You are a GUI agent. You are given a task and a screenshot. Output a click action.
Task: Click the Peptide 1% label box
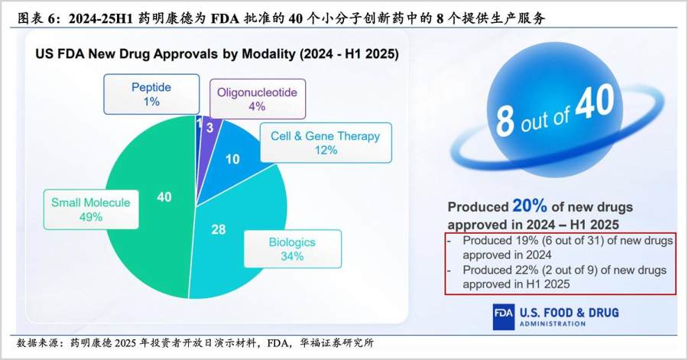click(x=151, y=94)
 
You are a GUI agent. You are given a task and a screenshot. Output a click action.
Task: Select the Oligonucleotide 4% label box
click(x=257, y=99)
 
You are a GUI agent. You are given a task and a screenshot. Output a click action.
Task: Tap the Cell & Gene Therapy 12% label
click(x=326, y=143)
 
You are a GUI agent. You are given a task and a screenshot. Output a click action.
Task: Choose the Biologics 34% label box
click(x=292, y=248)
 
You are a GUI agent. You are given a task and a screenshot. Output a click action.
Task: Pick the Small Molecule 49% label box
click(x=91, y=209)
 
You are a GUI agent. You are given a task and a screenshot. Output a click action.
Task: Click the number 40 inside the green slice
click(x=164, y=197)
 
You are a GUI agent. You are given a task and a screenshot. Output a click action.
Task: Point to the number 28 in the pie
click(x=219, y=229)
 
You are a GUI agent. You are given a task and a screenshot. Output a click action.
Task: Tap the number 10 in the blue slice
click(x=232, y=159)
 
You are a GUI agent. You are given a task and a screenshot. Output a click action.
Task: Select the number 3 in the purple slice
click(x=210, y=128)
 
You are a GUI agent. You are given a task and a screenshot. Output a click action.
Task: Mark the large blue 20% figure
click(x=530, y=206)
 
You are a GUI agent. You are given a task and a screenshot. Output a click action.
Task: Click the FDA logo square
click(x=503, y=317)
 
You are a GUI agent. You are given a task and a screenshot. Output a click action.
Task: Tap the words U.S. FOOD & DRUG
click(x=569, y=313)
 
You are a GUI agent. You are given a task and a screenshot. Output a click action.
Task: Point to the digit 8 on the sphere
click(x=505, y=120)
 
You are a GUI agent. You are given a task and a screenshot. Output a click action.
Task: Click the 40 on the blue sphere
click(x=596, y=102)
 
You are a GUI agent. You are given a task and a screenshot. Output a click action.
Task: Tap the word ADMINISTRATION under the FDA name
click(x=553, y=324)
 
